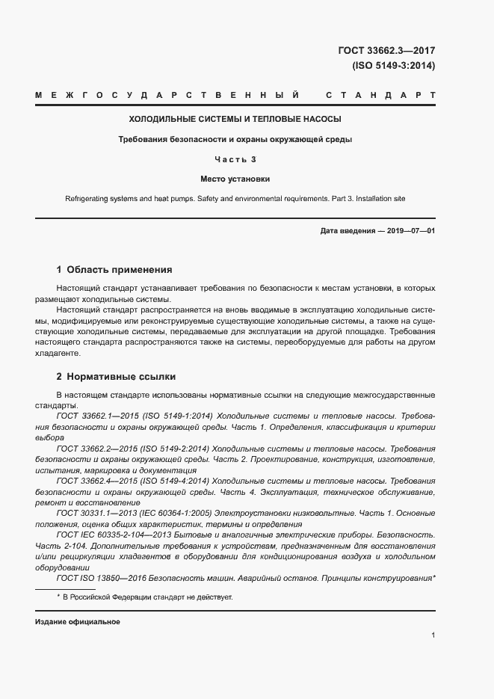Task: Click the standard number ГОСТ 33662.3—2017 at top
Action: (386, 51)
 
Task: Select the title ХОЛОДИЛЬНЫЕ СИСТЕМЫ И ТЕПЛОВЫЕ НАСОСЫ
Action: (235, 119)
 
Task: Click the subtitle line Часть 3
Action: (235, 159)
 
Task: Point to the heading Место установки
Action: (235, 179)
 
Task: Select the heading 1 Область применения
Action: (114, 270)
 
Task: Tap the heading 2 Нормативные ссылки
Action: (116, 376)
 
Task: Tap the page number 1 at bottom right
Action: (433, 635)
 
